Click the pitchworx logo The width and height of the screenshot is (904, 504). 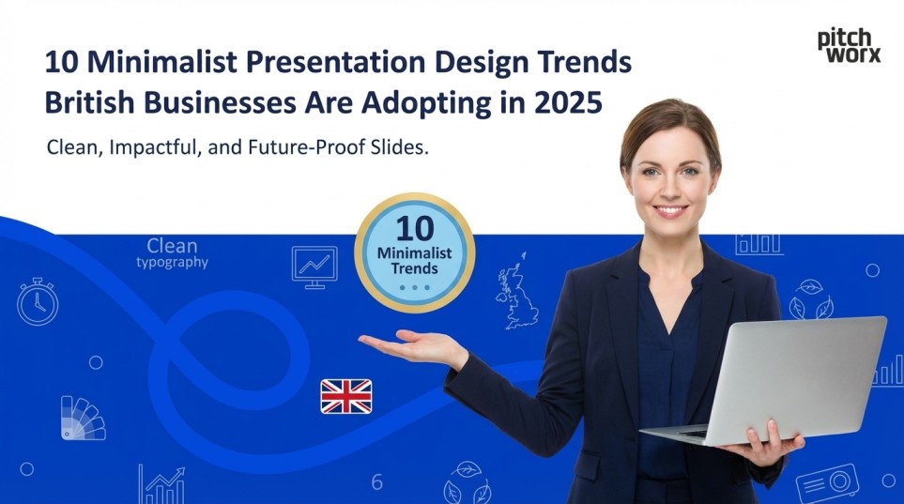point(849,45)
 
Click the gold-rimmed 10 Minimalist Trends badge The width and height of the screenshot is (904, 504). point(414,252)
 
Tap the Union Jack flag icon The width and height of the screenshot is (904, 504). point(346,396)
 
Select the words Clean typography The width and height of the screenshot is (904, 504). point(172,254)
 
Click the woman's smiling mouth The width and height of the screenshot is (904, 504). point(670,211)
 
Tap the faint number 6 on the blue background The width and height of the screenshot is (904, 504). point(377,482)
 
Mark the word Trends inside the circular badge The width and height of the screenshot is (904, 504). point(414,268)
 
